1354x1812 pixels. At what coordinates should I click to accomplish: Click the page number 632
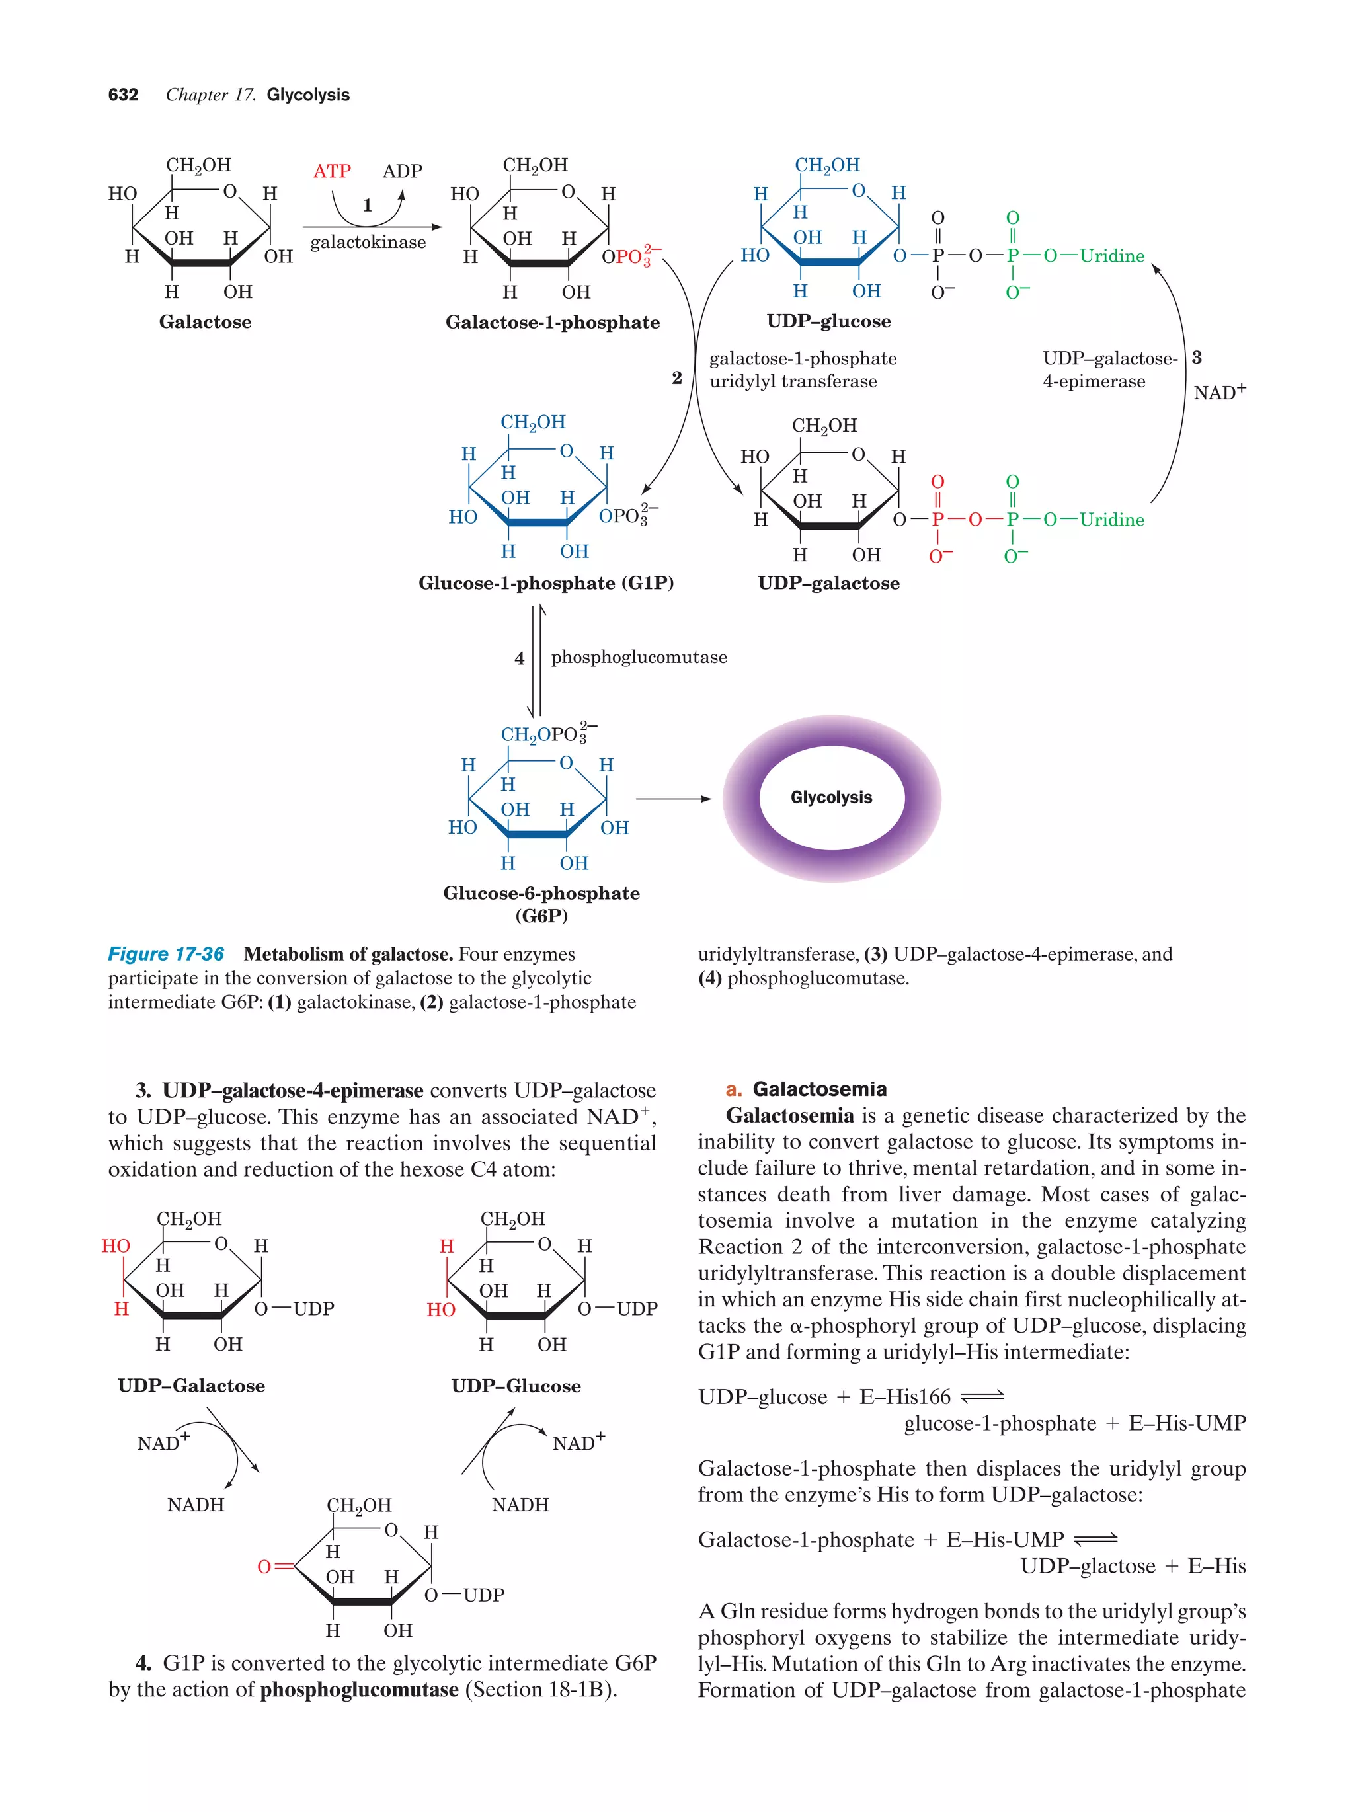tap(123, 95)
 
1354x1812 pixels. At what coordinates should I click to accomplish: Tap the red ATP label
tap(332, 171)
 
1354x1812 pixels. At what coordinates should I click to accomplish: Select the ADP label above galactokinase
tap(402, 171)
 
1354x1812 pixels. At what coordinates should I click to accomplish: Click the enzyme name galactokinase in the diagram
tap(368, 243)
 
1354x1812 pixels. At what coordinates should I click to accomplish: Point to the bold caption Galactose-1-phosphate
tap(552, 322)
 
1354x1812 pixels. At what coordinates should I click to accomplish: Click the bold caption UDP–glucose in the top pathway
tap(828, 321)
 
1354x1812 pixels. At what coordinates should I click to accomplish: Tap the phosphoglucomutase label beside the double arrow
tap(639, 657)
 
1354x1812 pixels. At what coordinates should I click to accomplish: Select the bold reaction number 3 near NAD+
tap(1197, 357)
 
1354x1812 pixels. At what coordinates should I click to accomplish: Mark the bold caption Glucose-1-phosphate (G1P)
tap(545, 583)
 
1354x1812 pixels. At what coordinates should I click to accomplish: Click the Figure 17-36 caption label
tap(165, 955)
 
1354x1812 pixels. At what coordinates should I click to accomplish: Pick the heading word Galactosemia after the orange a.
tap(819, 1089)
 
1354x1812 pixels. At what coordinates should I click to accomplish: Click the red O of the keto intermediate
tap(264, 1566)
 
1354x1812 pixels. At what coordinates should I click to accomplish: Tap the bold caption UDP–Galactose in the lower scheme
tap(191, 1385)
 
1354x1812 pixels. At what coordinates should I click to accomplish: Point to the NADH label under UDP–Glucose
tap(520, 1504)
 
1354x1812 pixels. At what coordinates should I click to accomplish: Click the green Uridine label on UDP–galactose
tap(1111, 520)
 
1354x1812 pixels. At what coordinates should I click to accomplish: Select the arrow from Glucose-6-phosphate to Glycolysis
tap(673, 799)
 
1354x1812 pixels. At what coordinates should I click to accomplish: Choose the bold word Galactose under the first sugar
tap(205, 322)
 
